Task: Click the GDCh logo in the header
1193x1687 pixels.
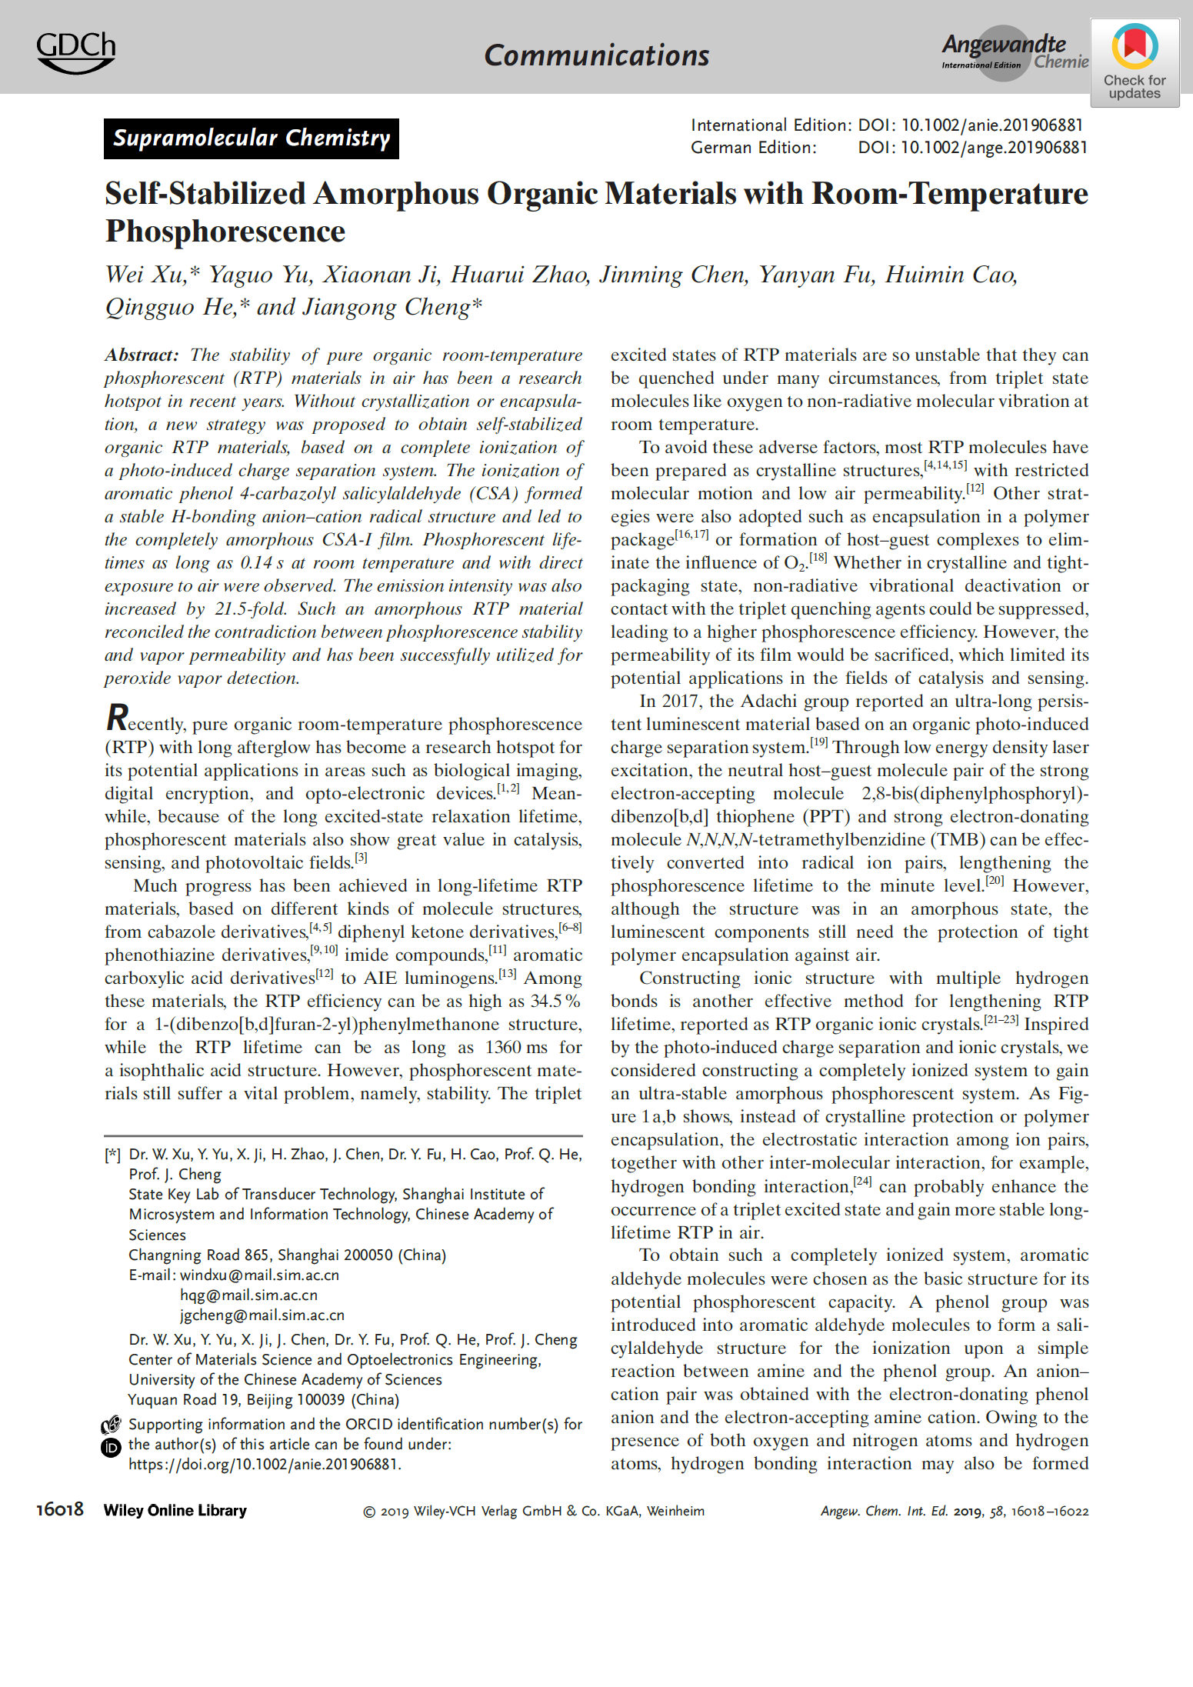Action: [75, 52]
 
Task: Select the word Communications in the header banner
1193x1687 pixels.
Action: [596, 55]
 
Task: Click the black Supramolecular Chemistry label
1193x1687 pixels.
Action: [252, 138]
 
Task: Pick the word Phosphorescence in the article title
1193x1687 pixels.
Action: [225, 232]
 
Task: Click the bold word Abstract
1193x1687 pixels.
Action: [141, 355]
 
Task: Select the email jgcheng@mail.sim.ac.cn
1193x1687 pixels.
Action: [262, 1315]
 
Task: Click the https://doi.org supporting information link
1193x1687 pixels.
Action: [265, 1465]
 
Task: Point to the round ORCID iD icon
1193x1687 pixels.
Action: [112, 1448]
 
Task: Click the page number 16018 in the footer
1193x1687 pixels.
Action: [59, 1509]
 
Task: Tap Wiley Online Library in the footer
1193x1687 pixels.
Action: [175, 1510]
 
